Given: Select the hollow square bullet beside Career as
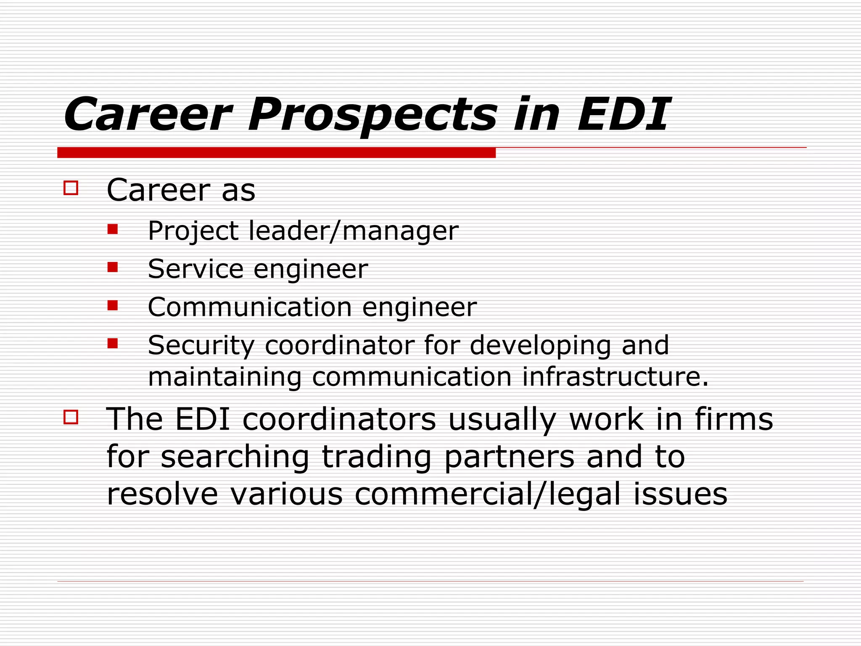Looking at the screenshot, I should click(x=71, y=188).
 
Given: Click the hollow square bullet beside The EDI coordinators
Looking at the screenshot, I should click(x=71, y=417).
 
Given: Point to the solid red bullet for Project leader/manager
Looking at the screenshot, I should click(x=112, y=229).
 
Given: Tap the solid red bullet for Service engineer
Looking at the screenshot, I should click(x=112, y=267).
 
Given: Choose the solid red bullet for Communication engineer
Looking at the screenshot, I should click(x=112, y=305).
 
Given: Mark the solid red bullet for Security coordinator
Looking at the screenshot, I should click(x=112, y=343).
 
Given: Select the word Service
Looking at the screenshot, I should click(x=195, y=269).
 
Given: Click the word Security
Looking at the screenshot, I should click(x=201, y=346).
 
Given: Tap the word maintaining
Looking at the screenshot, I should click(x=225, y=377).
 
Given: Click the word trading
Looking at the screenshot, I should click(x=377, y=458).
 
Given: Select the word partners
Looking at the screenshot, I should click(x=509, y=458).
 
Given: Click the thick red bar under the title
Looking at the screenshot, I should click(x=276, y=153).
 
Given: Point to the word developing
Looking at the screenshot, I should click(x=540, y=346).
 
